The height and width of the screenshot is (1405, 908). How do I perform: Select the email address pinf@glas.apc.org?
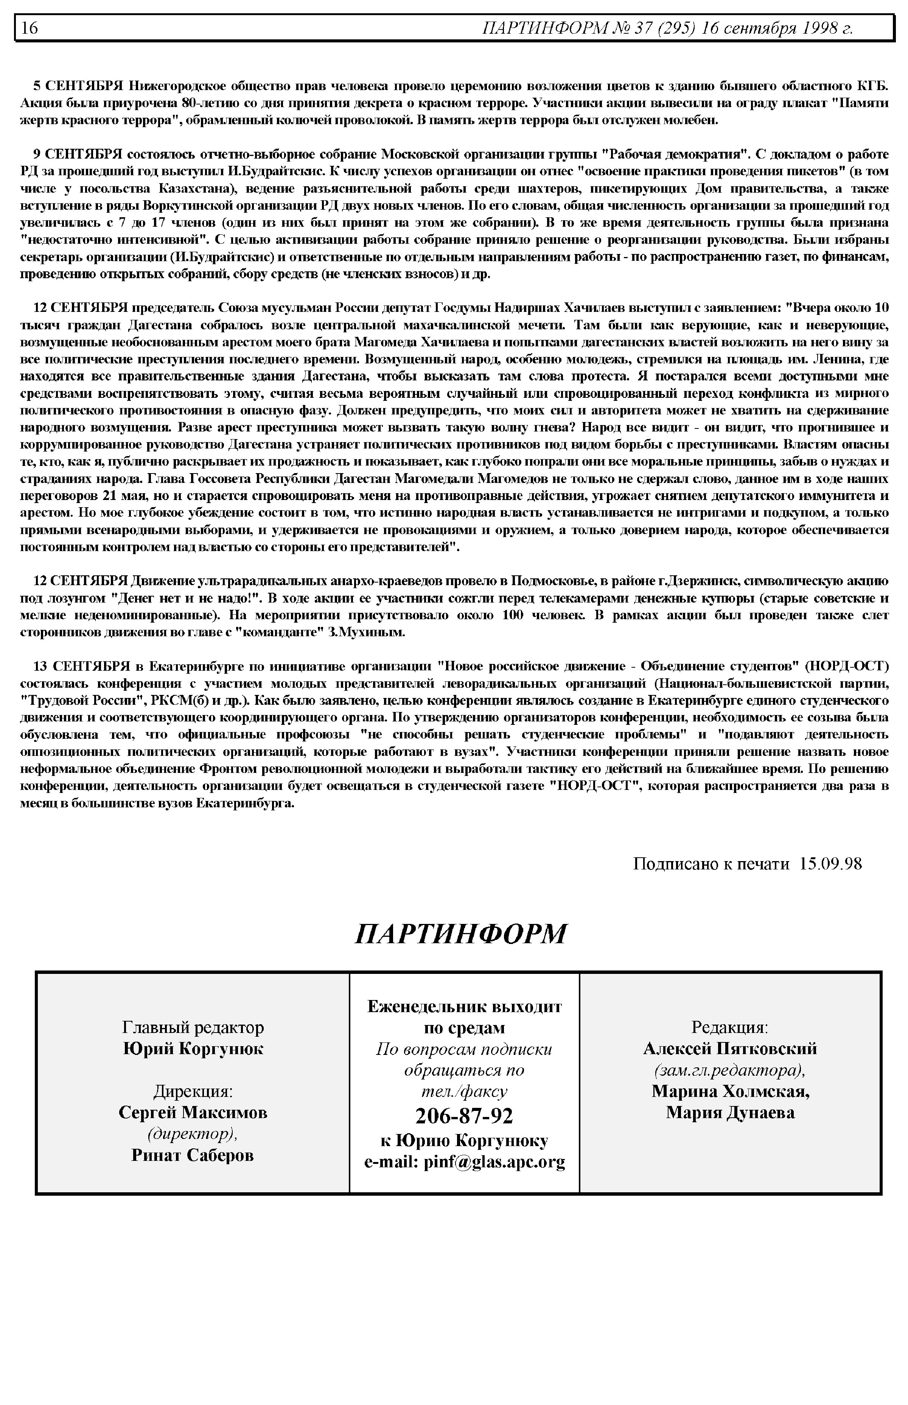click(494, 1161)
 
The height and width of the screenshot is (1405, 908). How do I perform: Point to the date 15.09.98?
click(830, 864)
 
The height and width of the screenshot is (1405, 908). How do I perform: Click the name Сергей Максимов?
click(193, 1112)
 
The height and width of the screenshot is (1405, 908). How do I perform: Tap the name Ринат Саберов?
click(193, 1155)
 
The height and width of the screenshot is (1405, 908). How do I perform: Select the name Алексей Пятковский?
click(730, 1049)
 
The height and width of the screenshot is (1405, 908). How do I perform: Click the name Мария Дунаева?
click(730, 1112)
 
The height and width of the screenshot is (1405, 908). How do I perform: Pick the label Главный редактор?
click(193, 1028)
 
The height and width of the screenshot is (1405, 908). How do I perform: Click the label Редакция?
click(730, 1028)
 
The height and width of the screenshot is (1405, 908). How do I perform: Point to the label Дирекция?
click(193, 1091)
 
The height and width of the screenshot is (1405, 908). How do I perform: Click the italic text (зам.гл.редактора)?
click(730, 1070)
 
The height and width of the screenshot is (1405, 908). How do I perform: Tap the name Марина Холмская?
click(730, 1091)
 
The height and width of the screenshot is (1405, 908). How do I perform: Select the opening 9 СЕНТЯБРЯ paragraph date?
click(77, 154)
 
